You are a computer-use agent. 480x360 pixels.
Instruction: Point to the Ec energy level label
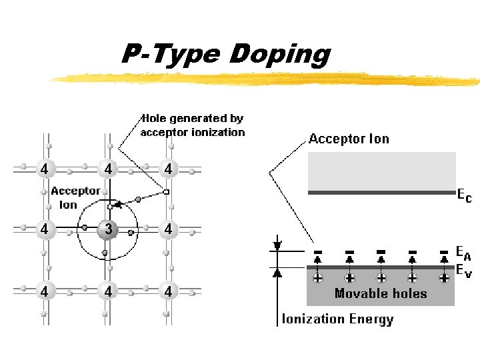[464, 196]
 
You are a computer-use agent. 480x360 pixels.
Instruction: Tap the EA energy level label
[463, 252]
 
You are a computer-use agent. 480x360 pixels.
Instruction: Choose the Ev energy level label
[463, 270]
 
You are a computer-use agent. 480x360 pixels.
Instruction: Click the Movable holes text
[381, 293]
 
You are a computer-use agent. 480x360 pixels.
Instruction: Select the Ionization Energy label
[337, 319]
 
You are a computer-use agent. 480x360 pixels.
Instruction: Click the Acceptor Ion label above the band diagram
[349, 139]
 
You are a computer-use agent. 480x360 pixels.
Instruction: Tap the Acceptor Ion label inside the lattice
[75, 197]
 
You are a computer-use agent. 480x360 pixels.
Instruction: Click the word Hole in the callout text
[153, 119]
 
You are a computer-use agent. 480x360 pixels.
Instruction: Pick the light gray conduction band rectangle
[381, 171]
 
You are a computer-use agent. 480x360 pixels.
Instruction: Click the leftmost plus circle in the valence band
[317, 277]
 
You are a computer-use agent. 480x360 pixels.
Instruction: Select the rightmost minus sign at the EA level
[445, 252]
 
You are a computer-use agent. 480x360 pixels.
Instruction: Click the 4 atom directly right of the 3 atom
[168, 229]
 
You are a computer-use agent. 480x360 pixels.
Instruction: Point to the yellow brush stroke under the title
[267, 79]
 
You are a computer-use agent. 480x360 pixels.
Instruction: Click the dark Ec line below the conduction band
[381, 193]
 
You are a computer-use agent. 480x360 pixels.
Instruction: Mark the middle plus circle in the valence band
[381, 277]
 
